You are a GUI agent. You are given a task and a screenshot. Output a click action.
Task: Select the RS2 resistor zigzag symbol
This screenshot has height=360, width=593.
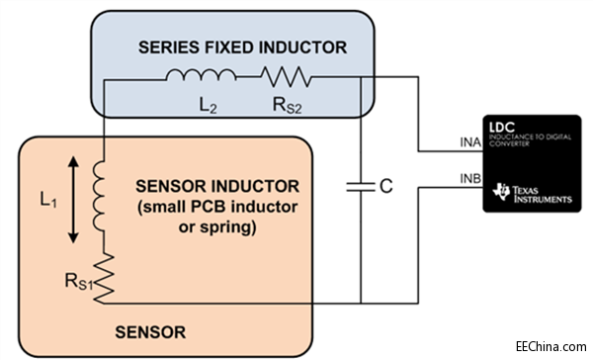(286, 75)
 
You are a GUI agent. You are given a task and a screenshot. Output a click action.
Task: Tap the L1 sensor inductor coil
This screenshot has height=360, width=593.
(102, 187)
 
